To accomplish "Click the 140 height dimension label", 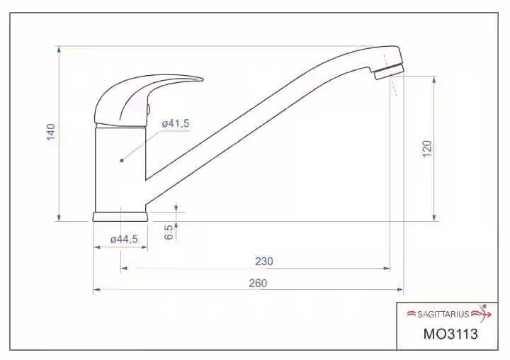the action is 51,132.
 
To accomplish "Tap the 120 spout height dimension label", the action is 427,149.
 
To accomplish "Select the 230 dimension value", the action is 263,261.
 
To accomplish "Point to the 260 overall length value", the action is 258,283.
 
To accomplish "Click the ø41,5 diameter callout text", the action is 176,123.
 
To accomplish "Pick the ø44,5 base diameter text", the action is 124,240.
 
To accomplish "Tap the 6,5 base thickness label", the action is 169,232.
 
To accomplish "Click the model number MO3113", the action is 450,334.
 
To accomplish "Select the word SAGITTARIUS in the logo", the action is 443,314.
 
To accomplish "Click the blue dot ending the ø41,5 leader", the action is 122,160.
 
